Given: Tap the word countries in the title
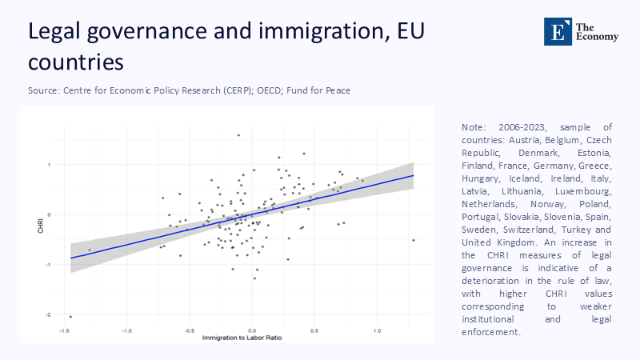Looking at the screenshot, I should point(76,61).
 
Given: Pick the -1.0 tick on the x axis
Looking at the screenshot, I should point(126,330).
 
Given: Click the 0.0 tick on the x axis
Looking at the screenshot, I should point(251,330).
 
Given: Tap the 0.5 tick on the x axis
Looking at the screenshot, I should point(314,330).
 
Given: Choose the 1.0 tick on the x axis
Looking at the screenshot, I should point(377,330).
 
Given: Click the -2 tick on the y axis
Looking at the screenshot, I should point(49,314).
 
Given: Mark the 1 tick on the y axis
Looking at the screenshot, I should point(49,165).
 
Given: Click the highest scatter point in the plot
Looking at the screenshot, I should point(238,135).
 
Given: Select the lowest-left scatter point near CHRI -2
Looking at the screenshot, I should point(70,317).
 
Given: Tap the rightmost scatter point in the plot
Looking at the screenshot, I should point(414,240).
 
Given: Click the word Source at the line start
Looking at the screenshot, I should point(43,90).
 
